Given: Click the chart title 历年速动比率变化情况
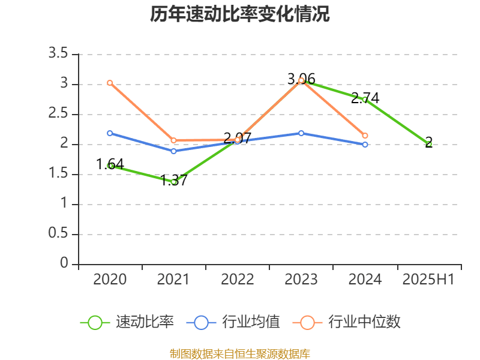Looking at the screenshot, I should [240, 14].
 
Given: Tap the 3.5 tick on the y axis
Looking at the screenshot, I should [59, 54].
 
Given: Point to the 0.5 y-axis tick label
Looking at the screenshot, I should [59, 234].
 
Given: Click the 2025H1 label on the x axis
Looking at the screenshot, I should [428, 279].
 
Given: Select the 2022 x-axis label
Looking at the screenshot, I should [238, 279].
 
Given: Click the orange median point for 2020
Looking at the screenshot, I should [110, 83].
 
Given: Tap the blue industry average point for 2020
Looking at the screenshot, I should [110, 133].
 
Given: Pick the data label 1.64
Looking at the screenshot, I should [110, 164].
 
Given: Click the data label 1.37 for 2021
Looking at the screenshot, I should [174, 180].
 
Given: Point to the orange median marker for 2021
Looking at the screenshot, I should [173, 140].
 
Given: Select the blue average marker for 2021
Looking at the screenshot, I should [173, 151].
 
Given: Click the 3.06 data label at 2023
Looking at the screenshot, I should [301, 79].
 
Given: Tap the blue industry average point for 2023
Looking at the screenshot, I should [301, 133].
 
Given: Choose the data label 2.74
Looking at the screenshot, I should [365, 98].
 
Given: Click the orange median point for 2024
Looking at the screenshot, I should [365, 136].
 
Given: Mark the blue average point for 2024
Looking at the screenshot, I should [365, 145].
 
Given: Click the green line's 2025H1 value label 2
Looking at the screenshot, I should [428, 142].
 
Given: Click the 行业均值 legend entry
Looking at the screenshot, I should [233, 322].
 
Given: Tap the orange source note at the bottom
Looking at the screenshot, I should [240, 353].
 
